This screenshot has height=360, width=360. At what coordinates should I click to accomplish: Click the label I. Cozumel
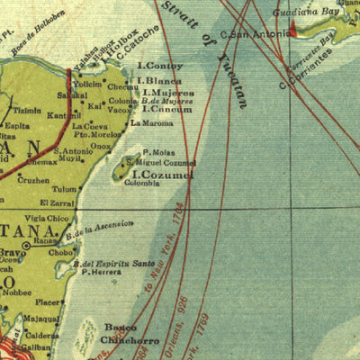click(163, 174)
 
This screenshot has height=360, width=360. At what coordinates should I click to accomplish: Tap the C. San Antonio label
click(255, 34)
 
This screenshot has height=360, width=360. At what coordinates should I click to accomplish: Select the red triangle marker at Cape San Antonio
click(292, 31)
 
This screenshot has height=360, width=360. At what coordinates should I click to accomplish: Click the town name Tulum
click(64, 189)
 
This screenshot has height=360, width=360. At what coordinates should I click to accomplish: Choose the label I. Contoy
click(159, 66)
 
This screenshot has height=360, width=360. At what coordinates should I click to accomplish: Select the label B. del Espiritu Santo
click(114, 265)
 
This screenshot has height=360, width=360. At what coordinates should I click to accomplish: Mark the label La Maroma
click(148, 121)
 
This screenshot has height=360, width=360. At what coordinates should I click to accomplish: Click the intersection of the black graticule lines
click(189, 209)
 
